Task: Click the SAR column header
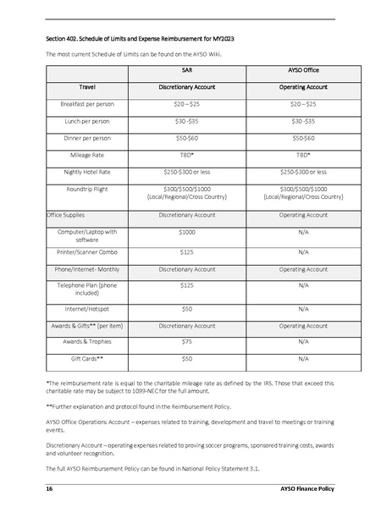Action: pos(186,72)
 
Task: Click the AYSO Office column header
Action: pos(303,72)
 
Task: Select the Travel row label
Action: pos(86,87)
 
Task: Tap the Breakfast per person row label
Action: pos(86,104)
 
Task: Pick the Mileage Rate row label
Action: pos(86,155)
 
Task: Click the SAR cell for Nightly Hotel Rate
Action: pos(186,172)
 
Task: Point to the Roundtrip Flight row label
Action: pos(86,189)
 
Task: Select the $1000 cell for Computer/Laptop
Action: pos(186,231)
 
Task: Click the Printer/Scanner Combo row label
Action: pos(86,252)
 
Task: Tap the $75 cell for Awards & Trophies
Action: pos(186,342)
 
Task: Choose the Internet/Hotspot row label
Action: pos(86,309)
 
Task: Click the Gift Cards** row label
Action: pos(86,359)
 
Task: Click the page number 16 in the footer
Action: pos(50,489)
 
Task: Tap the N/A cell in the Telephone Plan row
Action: pos(303,286)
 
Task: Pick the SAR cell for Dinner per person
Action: pos(186,138)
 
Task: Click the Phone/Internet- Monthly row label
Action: pos(86,269)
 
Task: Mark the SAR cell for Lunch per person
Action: pos(186,121)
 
